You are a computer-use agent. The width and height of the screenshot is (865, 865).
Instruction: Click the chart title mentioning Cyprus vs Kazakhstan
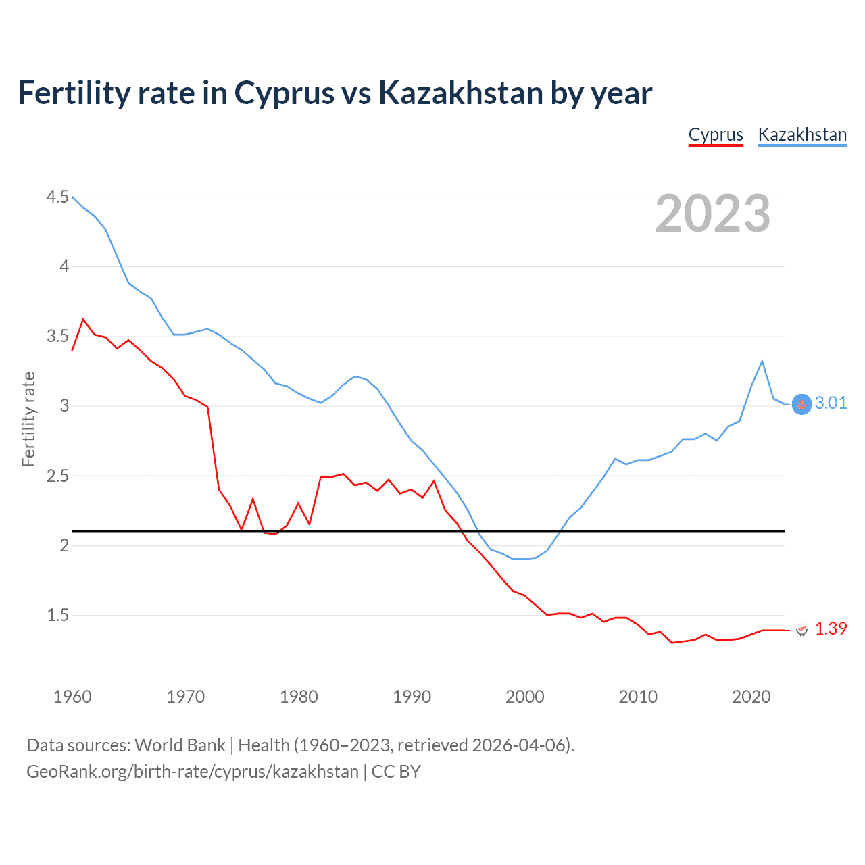click(335, 93)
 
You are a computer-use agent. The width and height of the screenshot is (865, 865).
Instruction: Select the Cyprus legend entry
click(716, 134)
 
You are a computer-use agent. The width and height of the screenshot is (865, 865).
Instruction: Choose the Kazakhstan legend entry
click(802, 134)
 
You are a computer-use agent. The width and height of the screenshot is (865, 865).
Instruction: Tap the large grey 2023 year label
click(713, 214)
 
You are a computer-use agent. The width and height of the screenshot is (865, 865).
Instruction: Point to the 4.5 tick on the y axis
click(57, 197)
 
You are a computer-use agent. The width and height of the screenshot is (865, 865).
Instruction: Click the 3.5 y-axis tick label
click(57, 336)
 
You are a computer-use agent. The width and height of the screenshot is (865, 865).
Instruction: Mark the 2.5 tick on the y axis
click(57, 476)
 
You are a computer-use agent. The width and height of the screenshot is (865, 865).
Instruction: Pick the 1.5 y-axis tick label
click(57, 615)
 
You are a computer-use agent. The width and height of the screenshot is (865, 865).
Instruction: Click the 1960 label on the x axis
click(72, 697)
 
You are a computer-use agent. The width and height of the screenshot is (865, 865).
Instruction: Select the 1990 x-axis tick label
click(412, 697)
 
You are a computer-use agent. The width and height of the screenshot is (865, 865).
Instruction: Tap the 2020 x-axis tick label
click(751, 697)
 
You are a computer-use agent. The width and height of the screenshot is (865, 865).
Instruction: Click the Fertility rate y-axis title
click(28, 419)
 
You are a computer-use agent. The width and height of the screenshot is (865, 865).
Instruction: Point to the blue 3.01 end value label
click(831, 403)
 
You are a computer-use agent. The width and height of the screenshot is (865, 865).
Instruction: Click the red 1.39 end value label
click(831, 628)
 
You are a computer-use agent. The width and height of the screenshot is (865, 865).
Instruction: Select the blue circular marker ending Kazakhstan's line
click(801, 404)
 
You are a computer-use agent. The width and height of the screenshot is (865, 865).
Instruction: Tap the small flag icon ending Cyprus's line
click(801, 630)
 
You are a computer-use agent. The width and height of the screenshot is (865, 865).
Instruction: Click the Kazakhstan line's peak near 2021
click(762, 361)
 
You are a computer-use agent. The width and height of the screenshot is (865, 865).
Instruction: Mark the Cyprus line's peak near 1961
click(83, 319)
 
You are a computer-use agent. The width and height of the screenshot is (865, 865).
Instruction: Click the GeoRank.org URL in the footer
click(193, 772)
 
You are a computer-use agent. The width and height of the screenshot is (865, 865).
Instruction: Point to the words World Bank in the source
click(180, 745)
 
